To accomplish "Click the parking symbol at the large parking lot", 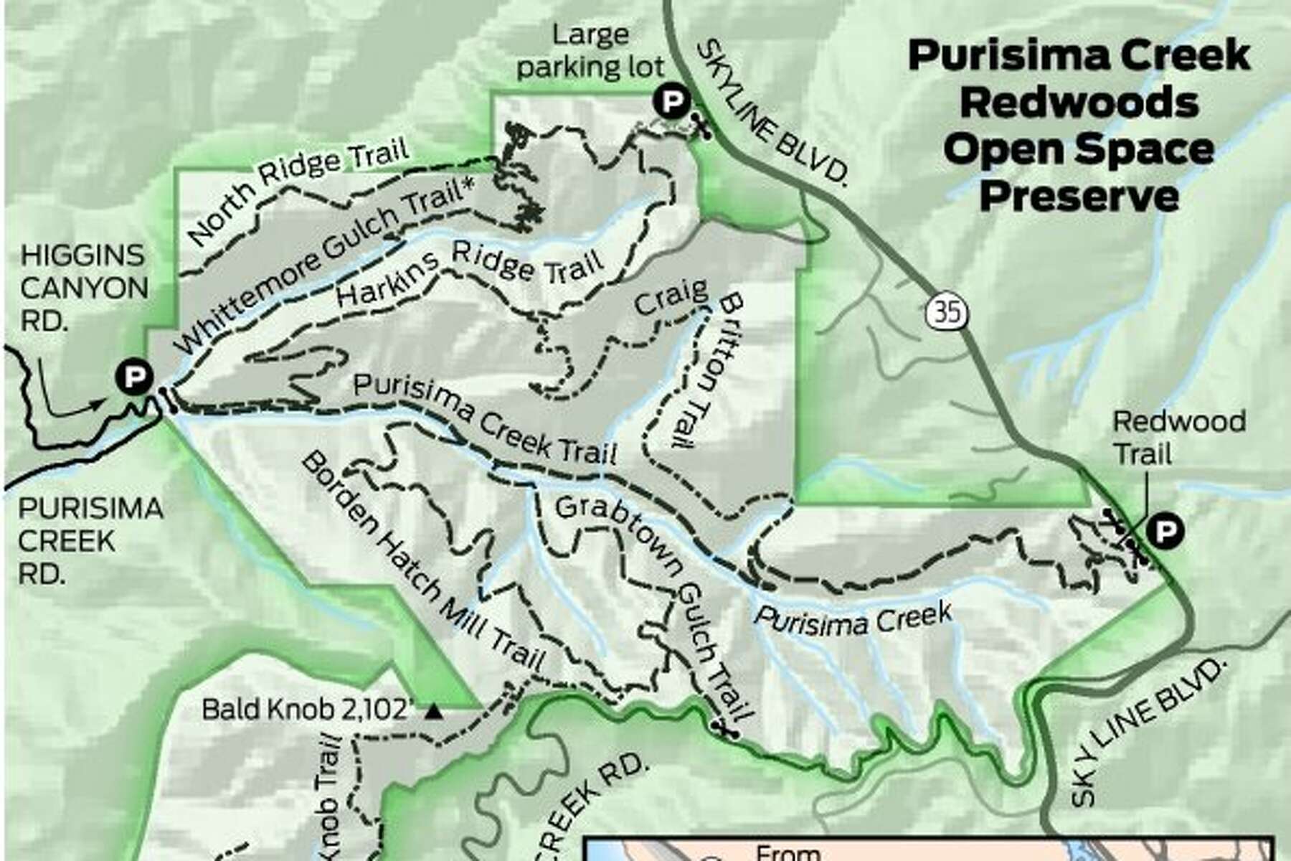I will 671,103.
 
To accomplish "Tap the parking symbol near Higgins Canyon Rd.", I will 134,376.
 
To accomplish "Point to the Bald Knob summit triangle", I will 432,712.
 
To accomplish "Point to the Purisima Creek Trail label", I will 485,419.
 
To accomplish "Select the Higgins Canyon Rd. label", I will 84,288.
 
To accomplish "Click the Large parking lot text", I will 590,51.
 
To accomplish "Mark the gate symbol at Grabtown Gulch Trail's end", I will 726,729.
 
